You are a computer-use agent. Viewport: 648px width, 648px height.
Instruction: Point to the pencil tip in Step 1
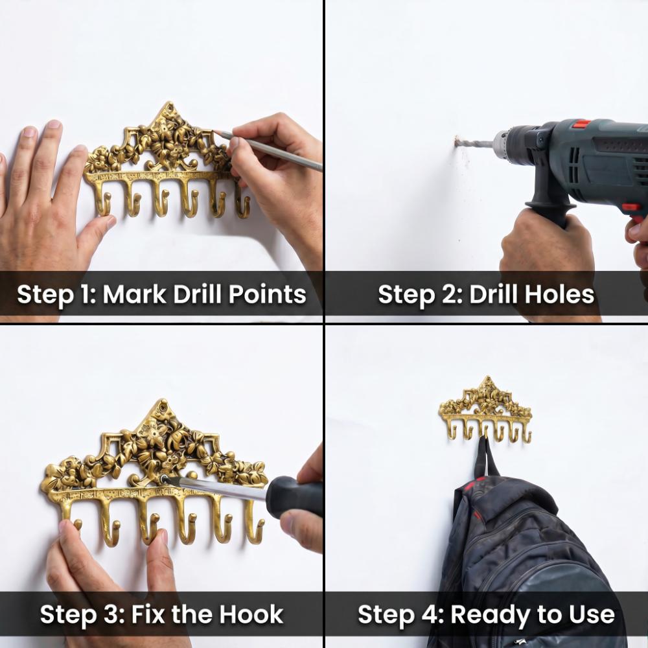click(216, 132)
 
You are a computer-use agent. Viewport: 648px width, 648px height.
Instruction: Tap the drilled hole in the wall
click(457, 142)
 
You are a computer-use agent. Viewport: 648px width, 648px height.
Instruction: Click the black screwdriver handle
click(294, 496)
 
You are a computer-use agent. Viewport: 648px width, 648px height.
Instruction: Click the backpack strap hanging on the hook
click(485, 459)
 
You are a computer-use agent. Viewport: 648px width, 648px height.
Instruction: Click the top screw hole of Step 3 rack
click(164, 407)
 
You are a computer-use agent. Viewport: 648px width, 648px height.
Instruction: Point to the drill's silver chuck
click(505, 144)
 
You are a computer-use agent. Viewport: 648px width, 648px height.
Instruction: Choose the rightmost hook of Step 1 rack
click(242, 202)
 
